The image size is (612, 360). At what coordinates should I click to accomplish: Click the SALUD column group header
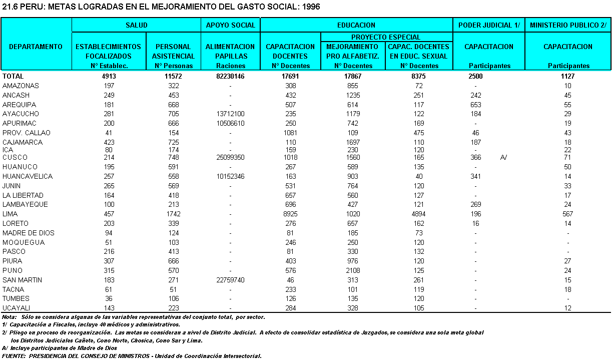click(x=136, y=25)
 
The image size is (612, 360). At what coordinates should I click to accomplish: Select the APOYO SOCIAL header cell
click(x=231, y=25)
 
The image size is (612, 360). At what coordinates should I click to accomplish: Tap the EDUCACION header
click(x=356, y=25)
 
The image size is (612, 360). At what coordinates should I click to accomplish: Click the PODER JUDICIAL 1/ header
click(x=488, y=25)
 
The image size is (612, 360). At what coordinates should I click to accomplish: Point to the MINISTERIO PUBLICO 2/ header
click(x=568, y=25)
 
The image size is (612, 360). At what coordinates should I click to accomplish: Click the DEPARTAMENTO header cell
click(x=36, y=47)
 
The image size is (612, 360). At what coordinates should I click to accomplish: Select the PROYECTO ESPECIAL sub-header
click(x=386, y=37)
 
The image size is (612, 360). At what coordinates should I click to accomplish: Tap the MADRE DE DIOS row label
click(x=29, y=233)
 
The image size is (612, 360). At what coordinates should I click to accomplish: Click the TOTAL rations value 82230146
click(x=231, y=76)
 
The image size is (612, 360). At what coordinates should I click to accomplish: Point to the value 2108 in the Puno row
click(x=354, y=270)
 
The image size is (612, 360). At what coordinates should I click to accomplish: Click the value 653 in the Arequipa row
click(x=476, y=105)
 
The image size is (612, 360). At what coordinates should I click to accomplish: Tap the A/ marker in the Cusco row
click(x=504, y=157)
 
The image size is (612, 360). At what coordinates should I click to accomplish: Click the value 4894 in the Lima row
click(x=419, y=214)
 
